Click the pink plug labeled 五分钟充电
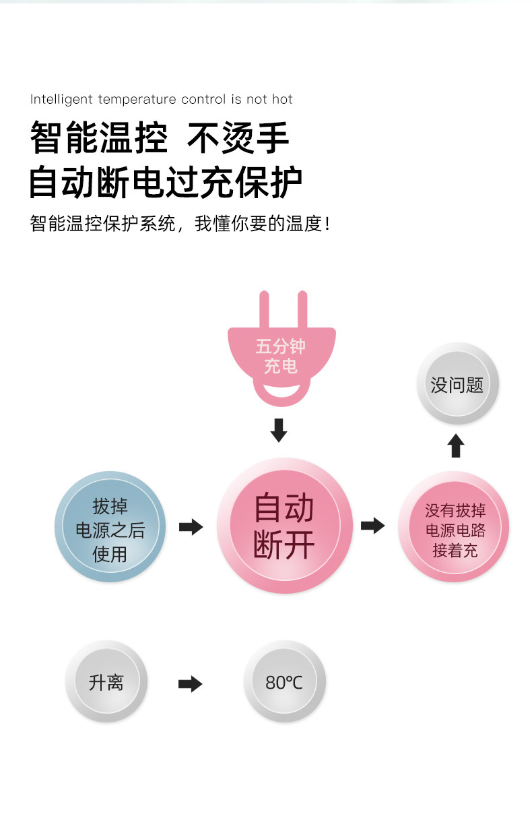coord(281,357)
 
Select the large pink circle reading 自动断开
coord(284,526)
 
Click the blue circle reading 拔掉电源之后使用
coord(110,527)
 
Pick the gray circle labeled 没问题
coord(457,385)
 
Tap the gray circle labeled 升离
coord(106,682)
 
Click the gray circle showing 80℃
coord(284,682)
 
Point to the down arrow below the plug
coord(278,430)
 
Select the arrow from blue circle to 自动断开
coord(191,526)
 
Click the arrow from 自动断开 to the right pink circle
coord(372,525)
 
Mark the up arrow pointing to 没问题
coord(456,445)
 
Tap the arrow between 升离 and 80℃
coord(190,683)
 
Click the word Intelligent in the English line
coord(61,100)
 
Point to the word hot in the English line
coord(282,100)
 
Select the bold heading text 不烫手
coord(238,138)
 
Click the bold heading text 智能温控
coord(98,138)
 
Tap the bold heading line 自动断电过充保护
coord(166,182)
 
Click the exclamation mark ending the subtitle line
coord(328,223)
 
